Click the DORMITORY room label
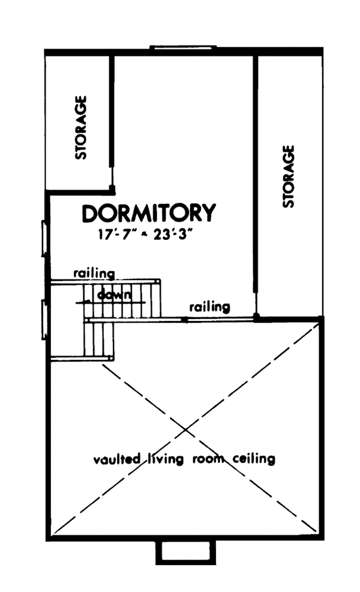pos(149,214)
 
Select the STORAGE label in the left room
pos(81,128)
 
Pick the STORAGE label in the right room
pos(288,176)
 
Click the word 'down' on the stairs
pos(115,295)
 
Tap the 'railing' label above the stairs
pos(94,274)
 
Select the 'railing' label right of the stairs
pos(209,306)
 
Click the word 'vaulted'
pos(117,459)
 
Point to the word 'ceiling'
pos(253,459)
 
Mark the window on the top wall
pos(183,47)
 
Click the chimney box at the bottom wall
pos(186,552)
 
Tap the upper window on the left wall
pos(44,239)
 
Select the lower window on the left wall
pos(44,320)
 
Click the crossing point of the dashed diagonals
pos(185,429)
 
